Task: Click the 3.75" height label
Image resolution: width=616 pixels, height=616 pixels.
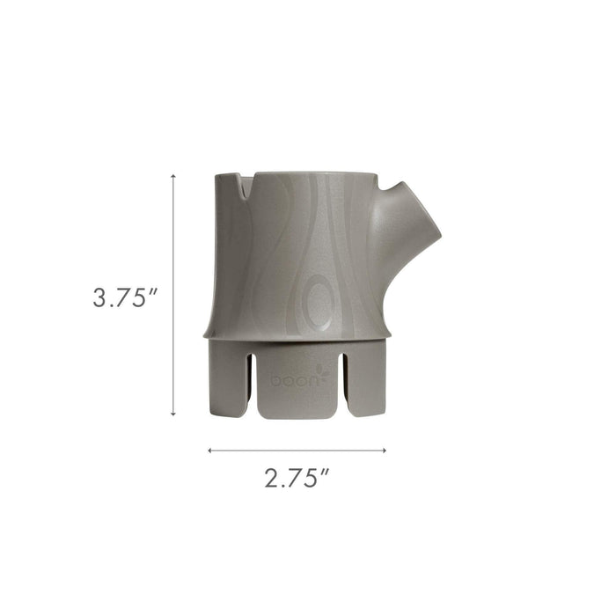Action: coord(124,297)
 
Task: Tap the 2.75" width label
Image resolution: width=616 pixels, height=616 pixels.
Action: coord(297,479)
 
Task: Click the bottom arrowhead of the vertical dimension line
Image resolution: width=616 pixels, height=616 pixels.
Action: coord(172,413)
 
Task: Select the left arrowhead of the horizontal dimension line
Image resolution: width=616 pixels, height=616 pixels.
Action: coord(210,450)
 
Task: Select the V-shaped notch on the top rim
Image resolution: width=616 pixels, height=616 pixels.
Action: coord(244,184)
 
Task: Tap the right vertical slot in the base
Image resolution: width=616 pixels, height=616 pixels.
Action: coord(345,380)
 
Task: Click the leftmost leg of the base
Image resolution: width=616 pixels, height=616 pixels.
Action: coord(227,378)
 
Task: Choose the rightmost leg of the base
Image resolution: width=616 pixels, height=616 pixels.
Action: coord(365,378)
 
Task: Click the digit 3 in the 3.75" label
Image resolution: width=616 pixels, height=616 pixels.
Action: coord(101,297)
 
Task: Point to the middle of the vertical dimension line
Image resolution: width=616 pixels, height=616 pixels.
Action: coord(172,295)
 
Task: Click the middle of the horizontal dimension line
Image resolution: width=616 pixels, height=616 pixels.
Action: coord(297,450)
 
